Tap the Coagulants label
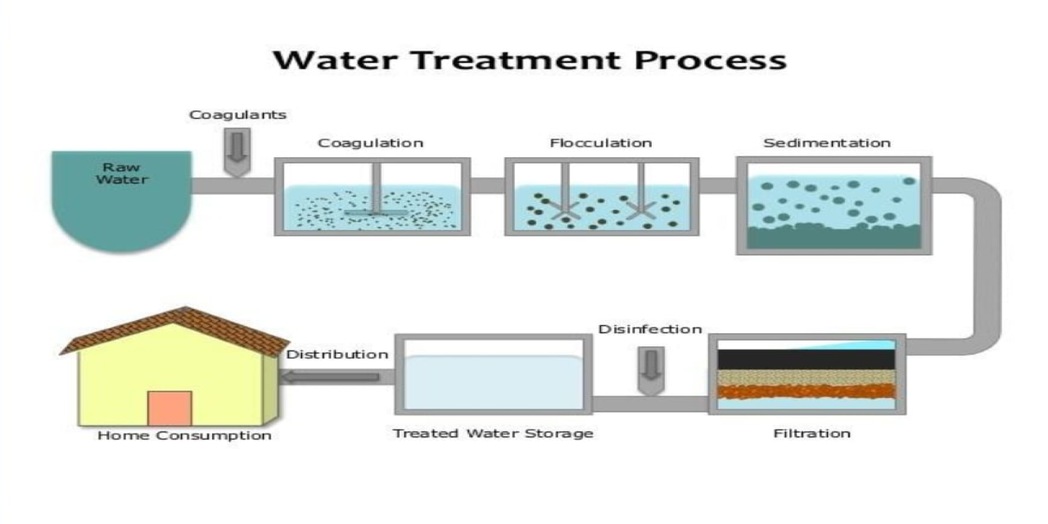point(237,115)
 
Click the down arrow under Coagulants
point(237,151)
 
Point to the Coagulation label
point(370,143)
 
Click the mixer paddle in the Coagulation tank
point(374,213)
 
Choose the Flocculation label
point(600,143)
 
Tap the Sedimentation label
point(826,143)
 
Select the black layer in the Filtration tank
point(806,359)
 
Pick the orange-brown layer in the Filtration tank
point(806,391)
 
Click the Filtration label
point(811,433)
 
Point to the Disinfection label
point(650,329)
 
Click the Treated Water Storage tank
point(493,381)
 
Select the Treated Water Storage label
point(493,433)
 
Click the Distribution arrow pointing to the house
point(331,377)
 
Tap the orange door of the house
point(169,408)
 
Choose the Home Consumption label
point(184,436)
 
